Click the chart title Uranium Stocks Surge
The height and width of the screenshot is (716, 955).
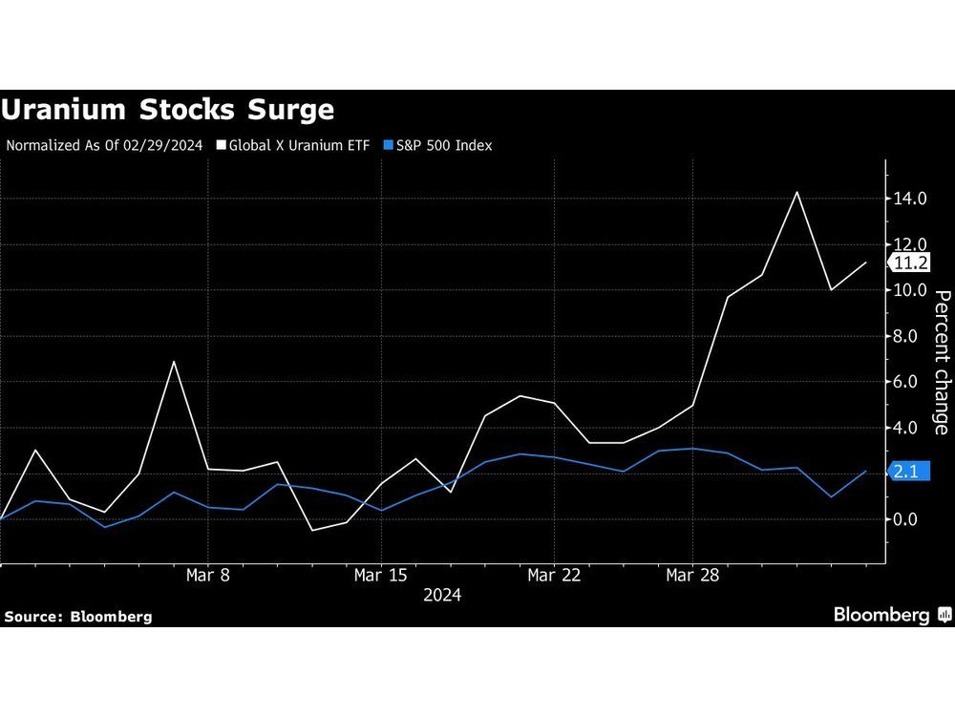[x=168, y=110]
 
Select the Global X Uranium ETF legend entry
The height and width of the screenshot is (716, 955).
[x=291, y=146]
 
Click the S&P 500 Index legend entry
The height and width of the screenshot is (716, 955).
[x=436, y=146]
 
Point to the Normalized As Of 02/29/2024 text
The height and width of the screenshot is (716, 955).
[x=105, y=146]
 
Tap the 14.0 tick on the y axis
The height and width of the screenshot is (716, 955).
[x=910, y=199]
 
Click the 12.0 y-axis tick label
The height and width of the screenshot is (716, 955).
[x=910, y=244]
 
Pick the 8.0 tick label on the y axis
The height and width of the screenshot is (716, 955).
[x=910, y=336]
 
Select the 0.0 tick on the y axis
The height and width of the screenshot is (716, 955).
[x=910, y=519]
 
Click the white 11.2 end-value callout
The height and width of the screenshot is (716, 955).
[x=910, y=263]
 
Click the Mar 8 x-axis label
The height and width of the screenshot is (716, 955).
[x=207, y=576]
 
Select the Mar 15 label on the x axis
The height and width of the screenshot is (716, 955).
[x=381, y=576]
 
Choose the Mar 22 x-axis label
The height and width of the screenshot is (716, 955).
[x=555, y=576]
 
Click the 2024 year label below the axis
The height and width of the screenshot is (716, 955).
[x=441, y=596]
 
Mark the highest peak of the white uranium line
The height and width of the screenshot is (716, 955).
[x=796, y=193]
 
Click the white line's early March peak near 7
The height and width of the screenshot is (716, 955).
[x=173, y=362]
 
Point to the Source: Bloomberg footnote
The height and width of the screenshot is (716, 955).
[x=78, y=617]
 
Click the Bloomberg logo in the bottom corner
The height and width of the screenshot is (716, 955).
[x=891, y=615]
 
